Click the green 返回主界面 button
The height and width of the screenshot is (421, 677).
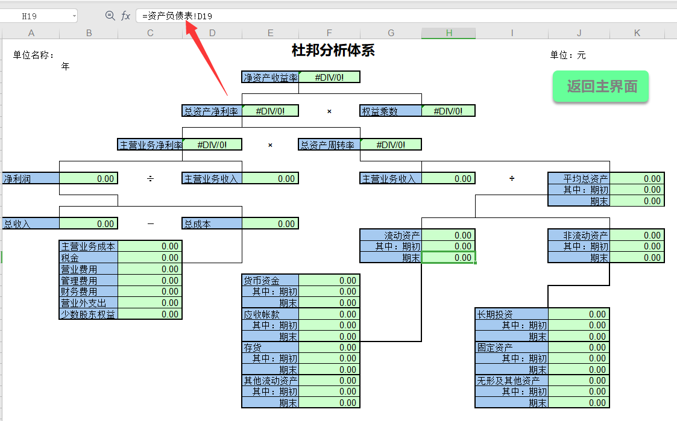[600, 87]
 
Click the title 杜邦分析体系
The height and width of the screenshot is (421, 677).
[333, 51]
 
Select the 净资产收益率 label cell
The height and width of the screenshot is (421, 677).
[270, 77]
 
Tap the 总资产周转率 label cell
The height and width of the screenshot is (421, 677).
[329, 145]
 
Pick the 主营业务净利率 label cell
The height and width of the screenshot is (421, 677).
[150, 145]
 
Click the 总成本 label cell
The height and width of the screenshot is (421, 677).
[212, 224]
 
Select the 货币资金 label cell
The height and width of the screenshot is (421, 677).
[270, 281]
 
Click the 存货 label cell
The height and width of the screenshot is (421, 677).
[270, 348]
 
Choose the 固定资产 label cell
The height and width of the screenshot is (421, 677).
[511, 348]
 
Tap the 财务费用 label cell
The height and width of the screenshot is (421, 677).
[89, 292]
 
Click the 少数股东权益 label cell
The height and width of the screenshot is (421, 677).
[89, 314]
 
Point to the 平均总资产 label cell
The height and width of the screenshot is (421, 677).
[579, 179]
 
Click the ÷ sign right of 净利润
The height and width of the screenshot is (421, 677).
[150, 178]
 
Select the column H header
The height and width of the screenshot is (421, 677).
[449, 33]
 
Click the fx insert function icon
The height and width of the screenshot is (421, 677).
[125, 16]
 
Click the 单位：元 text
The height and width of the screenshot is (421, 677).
[567, 55]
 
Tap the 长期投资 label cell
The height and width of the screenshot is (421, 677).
[511, 314]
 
